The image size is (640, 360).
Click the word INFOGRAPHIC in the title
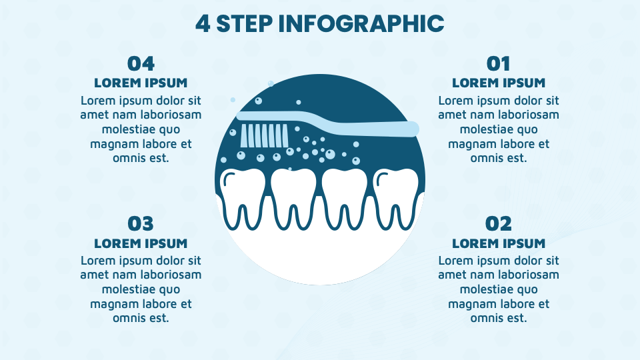coord(361,23)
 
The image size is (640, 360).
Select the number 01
coord(499,63)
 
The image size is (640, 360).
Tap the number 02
coord(499,223)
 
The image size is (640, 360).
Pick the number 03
coord(141,223)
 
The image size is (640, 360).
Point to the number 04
coord(141,63)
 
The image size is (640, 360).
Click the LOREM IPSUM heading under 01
coord(499,83)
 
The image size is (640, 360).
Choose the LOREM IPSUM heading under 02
coord(499,243)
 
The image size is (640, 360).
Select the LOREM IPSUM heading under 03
coord(141,243)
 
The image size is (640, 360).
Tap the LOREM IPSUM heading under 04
coord(141,83)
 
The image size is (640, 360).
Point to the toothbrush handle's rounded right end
coord(411,129)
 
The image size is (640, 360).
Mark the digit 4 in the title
coord(202,23)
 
